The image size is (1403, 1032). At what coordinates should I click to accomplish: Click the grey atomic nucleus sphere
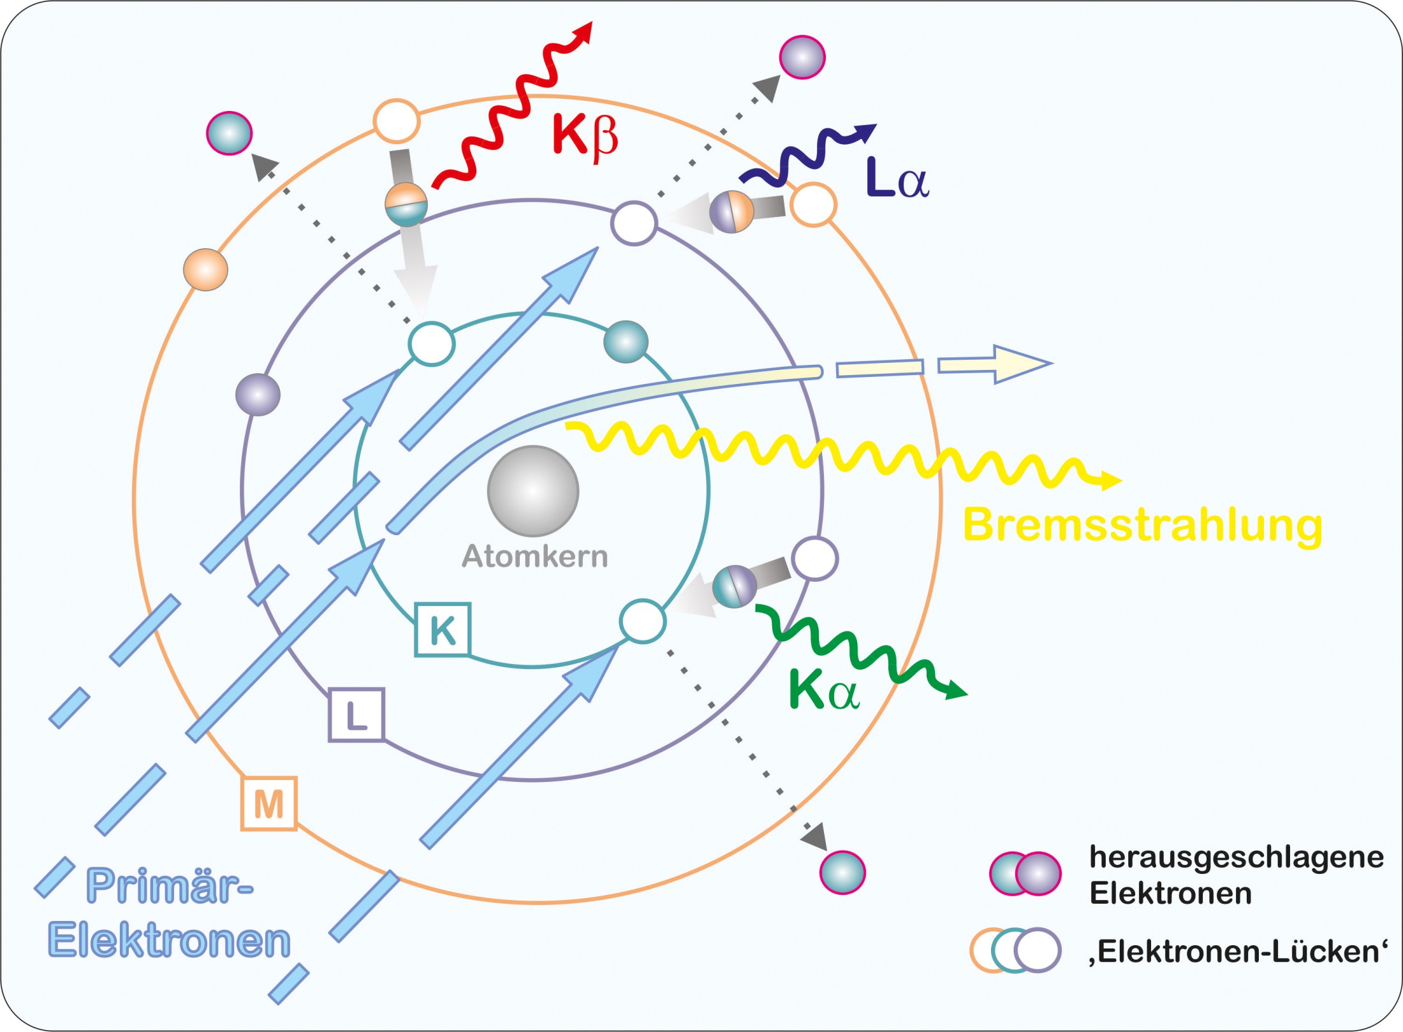(x=533, y=490)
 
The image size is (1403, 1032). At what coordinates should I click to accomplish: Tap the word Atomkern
(x=534, y=557)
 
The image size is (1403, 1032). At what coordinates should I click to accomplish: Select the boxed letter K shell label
(x=443, y=630)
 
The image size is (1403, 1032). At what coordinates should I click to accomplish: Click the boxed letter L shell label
(x=356, y=715)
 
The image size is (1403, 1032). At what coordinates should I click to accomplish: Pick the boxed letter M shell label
(x=269, y=804)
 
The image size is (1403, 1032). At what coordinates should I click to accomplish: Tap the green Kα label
(x=824, y=690)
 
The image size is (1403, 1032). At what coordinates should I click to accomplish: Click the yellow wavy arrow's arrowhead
(x=1111, y=480)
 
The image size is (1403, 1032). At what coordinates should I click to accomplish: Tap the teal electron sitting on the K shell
(x=626, y=342)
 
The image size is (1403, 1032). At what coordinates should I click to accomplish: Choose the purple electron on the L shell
(x=258, y=395)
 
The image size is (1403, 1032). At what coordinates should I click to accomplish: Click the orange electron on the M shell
(x=205, y=269)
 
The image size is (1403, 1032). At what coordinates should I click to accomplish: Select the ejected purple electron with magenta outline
(x=802, y=57)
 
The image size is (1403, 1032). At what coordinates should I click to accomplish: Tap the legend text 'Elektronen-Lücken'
(x=1238, y=952)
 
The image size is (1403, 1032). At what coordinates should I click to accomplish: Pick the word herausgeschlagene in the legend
(x=1236, y=857)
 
